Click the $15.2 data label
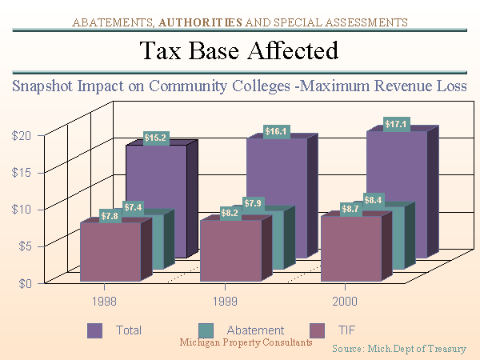[x=156, y=138]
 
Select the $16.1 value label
[x=277, y=130]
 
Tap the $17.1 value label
[x=397, y=124]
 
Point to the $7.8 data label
[x=110, y=216]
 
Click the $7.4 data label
[x=134, y=208]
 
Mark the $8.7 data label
[x=350, y=209]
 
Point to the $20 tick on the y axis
[x=22, y=135]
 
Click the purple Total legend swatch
[x=95, y=330]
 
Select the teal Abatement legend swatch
[x=205, y=330]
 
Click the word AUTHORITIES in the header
[x=208, y=21]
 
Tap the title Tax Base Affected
[x=239, y=51]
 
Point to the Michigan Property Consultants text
[x=246, y=342]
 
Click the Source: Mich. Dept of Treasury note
[x=398, y=349]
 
